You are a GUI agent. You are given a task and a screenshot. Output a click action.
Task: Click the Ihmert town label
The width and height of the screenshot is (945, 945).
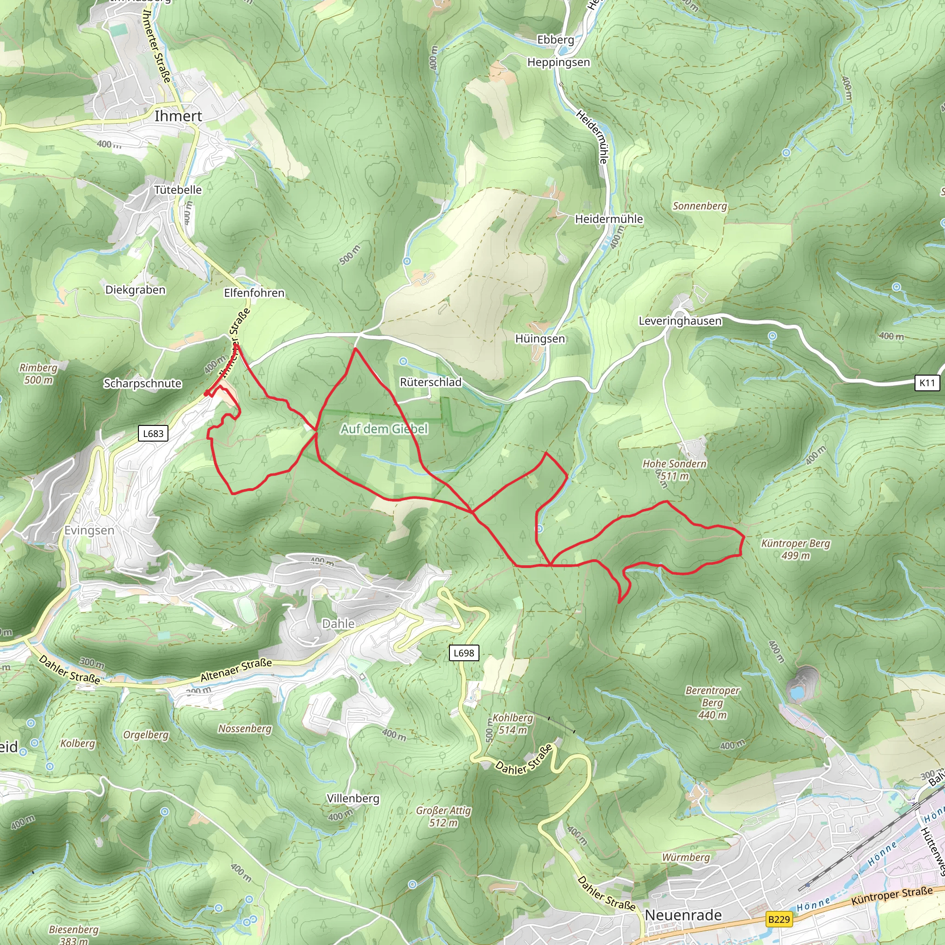click(x=178, y=116)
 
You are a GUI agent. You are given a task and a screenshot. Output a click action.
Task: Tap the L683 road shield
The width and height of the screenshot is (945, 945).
click(x=153, y=433)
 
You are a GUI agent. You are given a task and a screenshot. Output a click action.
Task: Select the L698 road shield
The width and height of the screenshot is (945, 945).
click(x=464, y=652)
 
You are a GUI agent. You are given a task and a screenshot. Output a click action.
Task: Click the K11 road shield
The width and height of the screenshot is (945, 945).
click(x=927, y=383)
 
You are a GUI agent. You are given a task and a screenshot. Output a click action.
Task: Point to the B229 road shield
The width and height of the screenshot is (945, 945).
click(x=779, y=919)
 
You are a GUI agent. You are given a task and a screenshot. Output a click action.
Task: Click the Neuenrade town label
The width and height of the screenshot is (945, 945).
click(x=683, y=915)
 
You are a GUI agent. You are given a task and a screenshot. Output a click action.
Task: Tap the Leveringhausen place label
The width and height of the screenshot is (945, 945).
click(x=680, y=321)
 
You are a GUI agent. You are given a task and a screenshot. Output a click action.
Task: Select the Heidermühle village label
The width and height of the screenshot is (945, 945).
click(x=609, y=219)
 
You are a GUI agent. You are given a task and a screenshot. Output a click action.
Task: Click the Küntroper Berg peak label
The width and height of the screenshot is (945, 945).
click(x=795, y=549)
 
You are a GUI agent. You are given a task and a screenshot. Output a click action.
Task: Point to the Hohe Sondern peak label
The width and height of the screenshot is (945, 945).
click(x=675, y=469)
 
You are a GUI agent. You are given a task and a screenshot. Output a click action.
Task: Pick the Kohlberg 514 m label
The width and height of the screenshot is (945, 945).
click(x=512, y=724)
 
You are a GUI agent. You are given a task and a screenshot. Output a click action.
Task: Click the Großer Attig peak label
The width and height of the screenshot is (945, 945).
click(x=443, y=816)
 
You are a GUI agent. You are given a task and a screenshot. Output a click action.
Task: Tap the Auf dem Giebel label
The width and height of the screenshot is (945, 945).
click(x=384, y=429)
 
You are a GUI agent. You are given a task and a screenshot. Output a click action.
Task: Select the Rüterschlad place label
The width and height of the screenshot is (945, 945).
click(x=431, y=382)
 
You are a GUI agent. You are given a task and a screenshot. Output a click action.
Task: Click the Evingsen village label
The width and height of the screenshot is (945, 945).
click(x=90, y=530)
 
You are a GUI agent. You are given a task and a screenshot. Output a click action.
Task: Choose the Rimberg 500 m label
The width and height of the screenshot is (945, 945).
click(x=38, y=373)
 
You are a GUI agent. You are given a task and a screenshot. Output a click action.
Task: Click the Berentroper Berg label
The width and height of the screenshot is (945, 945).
click(x=712, y=702)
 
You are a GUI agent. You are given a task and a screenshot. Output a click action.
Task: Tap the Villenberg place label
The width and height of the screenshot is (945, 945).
click(x=353, y=798)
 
